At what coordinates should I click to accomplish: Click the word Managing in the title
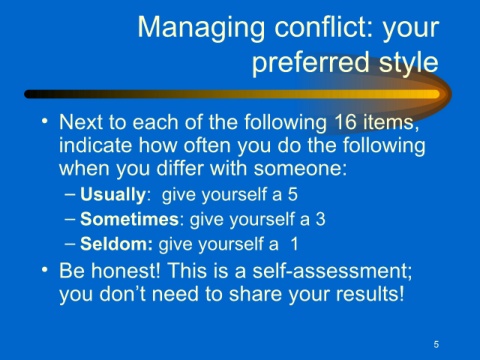tap(201, 29)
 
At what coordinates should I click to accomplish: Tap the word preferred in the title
tap(310, 63)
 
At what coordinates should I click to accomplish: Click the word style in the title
tap(408, 63)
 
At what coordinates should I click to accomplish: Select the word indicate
tap(95, 145)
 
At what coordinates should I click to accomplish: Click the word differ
tap(180, 168)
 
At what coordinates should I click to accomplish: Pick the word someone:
tap(300, 168)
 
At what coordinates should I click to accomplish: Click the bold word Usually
tap(113, 195)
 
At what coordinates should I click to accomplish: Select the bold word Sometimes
tap(130, 219)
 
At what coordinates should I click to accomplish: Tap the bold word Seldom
tap(116, 244)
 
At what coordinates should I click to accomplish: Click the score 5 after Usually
tap(293, 194)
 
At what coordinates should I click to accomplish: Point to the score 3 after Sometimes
tap(320, 219)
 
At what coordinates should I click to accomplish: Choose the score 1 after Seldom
tap(294, 244)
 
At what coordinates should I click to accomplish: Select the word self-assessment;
tap(332, 270)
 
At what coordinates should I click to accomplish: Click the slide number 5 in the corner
tap(436, 344)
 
